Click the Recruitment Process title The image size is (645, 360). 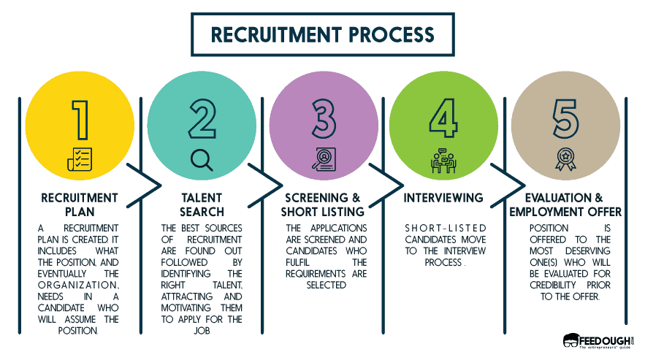point(322,35)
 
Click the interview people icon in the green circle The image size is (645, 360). point(443,160)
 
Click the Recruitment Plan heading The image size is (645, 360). point(80,204)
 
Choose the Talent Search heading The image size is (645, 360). point(201,204)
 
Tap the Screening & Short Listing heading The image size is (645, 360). point(322,204)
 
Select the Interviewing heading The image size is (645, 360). point(443,198)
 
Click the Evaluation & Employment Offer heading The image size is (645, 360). point(564,204)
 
